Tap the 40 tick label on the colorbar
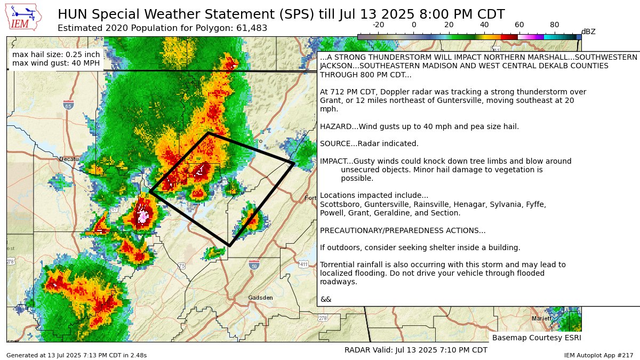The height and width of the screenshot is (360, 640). point(484,25)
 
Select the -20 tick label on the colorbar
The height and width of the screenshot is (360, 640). point(378,25)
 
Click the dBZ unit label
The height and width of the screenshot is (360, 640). point(588,31)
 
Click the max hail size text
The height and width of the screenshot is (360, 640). point(55,54)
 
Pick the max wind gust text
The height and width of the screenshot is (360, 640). point(55,64)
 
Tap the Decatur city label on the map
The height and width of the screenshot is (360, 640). point(69,159)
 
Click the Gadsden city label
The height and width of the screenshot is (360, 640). point(261,298)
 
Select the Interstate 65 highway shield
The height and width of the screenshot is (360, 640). point(68,105)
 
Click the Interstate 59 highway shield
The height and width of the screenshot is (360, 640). point(254,265)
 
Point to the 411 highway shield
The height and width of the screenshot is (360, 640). point(303,265)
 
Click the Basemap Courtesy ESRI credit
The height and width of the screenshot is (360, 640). point(536,338)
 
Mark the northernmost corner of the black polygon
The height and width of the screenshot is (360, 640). point(209,133)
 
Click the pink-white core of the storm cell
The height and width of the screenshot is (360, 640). point(143,216)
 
